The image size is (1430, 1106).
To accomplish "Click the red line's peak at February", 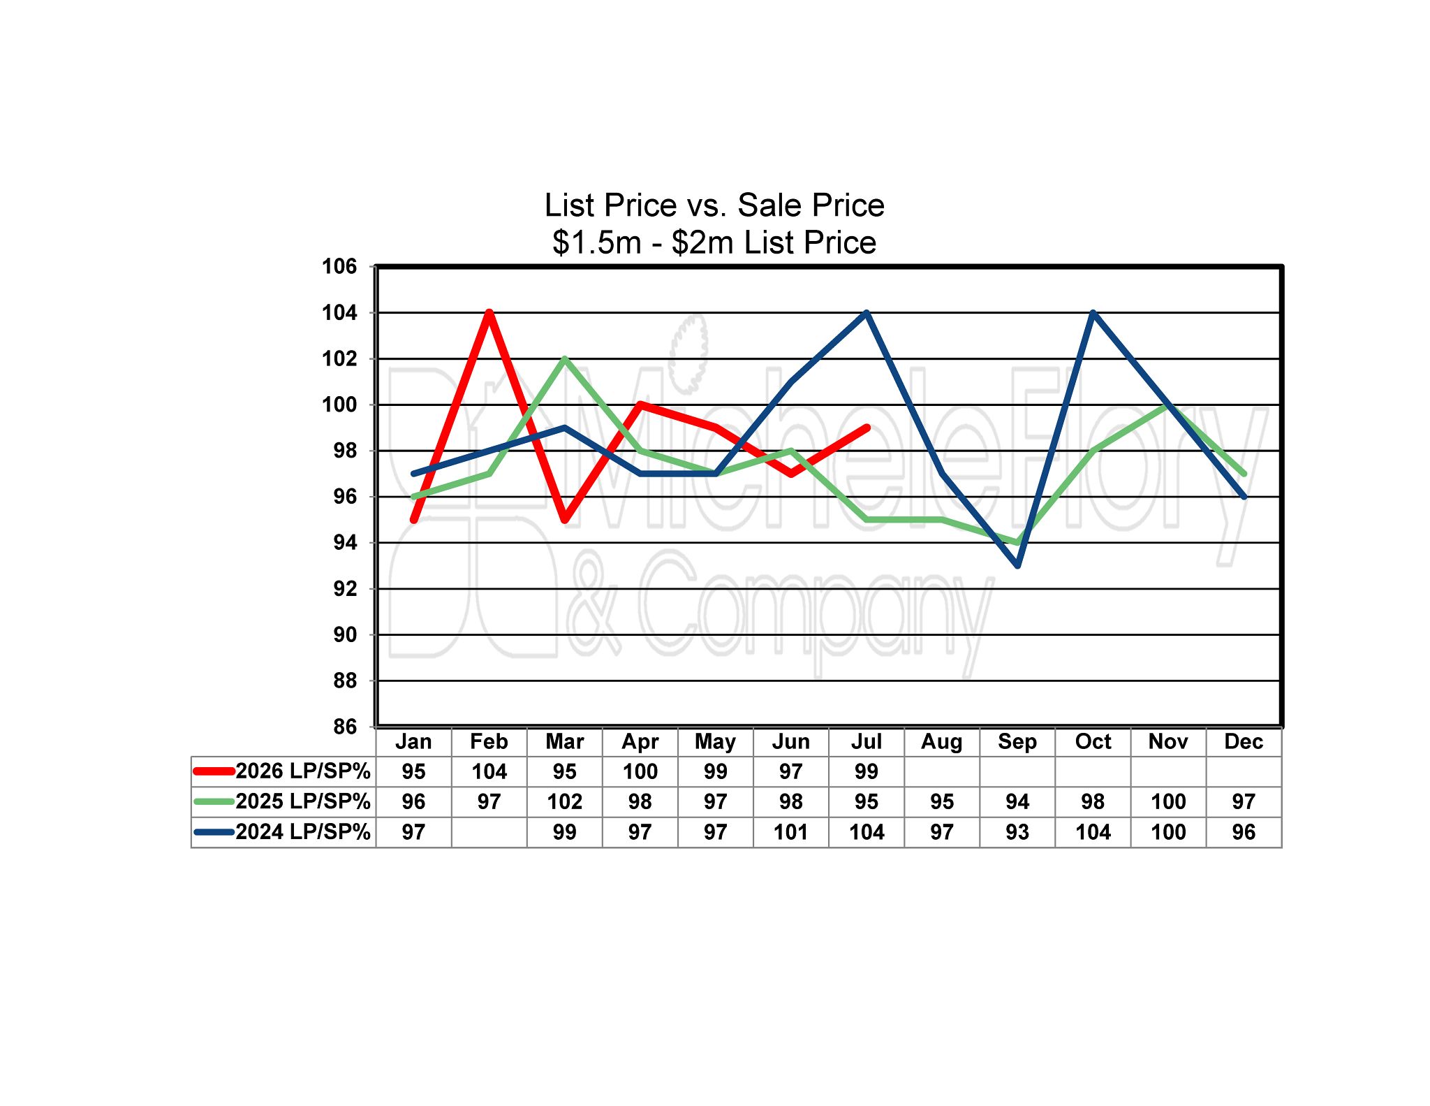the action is (489, 312).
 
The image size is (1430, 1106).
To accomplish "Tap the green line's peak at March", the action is (565, 358).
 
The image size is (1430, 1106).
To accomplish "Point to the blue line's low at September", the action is (1017, 565).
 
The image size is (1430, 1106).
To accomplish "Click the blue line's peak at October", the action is (1093, 312).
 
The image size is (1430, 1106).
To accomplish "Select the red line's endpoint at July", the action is (867, 428).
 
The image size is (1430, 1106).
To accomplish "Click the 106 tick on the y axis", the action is (339, 266).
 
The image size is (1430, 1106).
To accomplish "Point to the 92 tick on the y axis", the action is (345, 589).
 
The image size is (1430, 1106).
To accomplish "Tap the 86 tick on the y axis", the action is (345, 727).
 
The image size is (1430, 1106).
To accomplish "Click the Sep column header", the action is (1017, 741).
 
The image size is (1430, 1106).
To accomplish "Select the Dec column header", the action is (1244, 741).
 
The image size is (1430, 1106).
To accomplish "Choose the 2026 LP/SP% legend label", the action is (303, 771).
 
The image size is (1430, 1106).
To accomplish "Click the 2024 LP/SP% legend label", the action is (303, 831).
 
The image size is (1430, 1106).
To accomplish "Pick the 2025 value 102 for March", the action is (565, 801).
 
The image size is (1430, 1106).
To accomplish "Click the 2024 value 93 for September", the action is (1017, 832).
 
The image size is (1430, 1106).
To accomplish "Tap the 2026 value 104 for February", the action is (489, 771).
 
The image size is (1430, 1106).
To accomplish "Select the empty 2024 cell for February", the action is (489, 832).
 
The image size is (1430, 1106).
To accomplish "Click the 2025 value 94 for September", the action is (1017, 801).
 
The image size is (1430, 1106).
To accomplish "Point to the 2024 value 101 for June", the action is (791, 832).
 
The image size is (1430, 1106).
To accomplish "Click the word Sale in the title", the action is (768, 205).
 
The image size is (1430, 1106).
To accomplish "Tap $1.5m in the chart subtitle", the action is (597, 242).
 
